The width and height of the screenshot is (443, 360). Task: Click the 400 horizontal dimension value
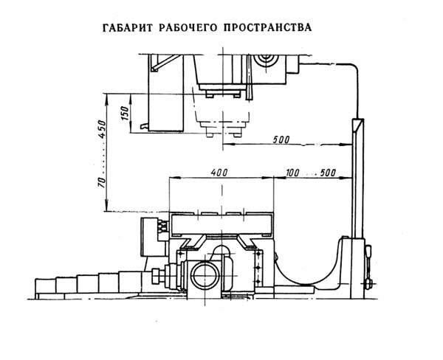point(219,172)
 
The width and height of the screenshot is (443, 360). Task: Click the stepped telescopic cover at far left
point(74,285)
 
